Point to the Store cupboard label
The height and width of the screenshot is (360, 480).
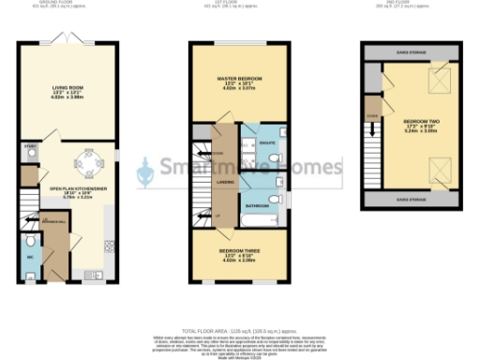pyautogui.click(x=30, y=147)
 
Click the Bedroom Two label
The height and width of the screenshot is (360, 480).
pyautogui.click(x=418, y=126)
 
